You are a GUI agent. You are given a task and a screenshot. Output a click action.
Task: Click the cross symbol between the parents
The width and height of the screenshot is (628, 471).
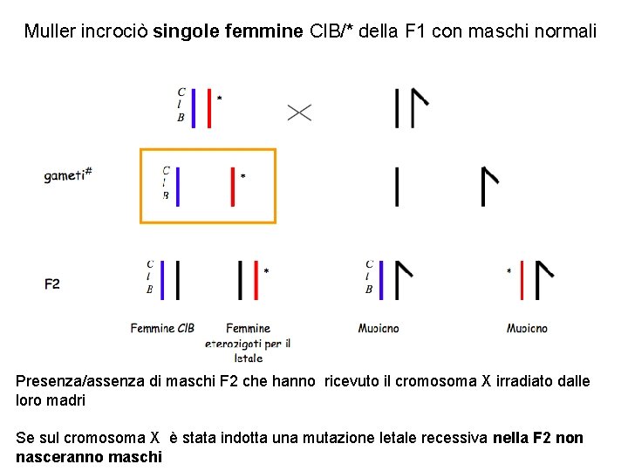point(299,112)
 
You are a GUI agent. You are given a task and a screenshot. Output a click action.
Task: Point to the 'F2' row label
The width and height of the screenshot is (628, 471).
point(52,283)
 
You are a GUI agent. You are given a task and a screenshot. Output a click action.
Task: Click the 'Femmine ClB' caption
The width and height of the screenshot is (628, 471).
point(162,329)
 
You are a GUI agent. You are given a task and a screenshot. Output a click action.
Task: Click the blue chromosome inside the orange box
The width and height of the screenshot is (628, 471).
point(178,187)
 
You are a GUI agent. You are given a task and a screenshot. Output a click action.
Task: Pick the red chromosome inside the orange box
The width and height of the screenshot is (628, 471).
point(233,187)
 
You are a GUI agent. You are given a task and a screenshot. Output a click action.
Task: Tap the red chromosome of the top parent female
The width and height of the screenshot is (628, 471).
point(209,107)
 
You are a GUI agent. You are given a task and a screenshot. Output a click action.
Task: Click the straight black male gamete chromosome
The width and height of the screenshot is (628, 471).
point(398,187)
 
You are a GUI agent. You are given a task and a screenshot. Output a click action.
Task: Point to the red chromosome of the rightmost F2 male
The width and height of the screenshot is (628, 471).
point(522,280)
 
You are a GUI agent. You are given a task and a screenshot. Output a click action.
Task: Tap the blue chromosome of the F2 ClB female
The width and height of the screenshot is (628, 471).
point(163,280)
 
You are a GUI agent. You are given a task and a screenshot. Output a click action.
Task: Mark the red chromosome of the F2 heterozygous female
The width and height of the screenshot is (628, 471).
point(254,280)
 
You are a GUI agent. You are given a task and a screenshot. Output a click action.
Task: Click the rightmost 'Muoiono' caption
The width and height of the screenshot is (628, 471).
point(527,329)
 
